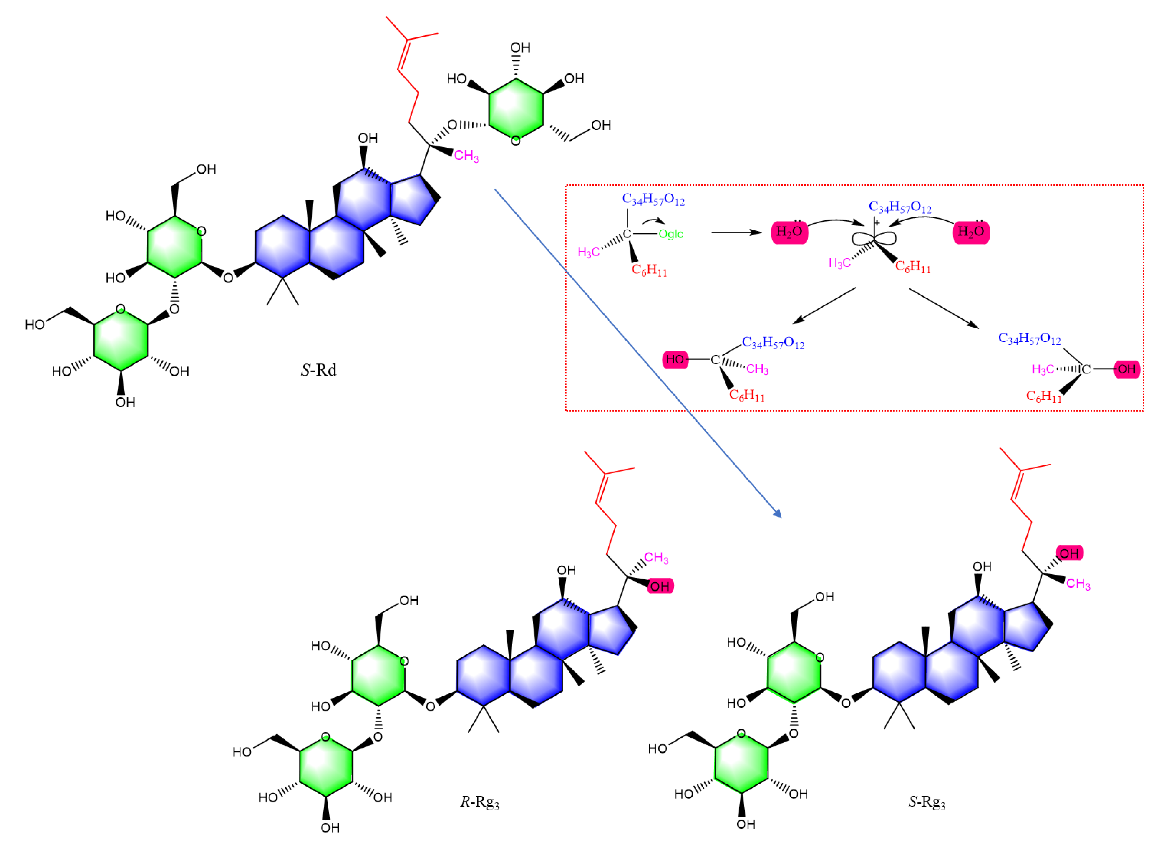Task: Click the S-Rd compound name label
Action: [x=318, y=370]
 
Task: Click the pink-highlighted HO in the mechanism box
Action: [x=675, y=360]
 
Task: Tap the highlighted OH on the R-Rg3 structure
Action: [x=660, y=586]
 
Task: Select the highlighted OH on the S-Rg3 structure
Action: [x=1069, y=553]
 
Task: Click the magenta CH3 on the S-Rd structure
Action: [x=466, y=156]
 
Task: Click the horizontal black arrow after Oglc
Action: [x=736, y=233]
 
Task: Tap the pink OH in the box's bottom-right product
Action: [x=1127, y=369]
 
